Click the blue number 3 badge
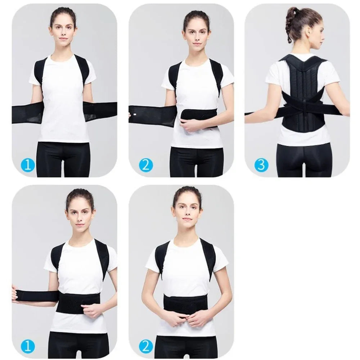(261, 165)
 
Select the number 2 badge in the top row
(146, 165)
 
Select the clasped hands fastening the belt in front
(185, 319)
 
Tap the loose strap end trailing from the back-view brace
(254, 114)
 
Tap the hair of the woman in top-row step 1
(63, 13)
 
